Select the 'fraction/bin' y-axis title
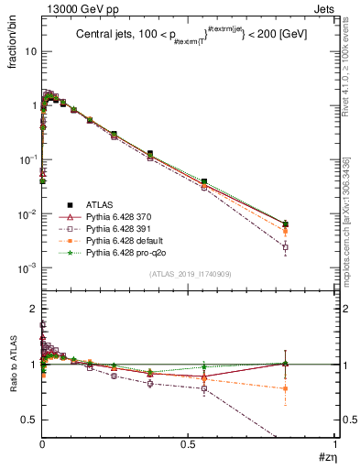(11, 40)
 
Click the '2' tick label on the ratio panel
(33, 309)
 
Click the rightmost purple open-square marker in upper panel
(286, 247)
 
